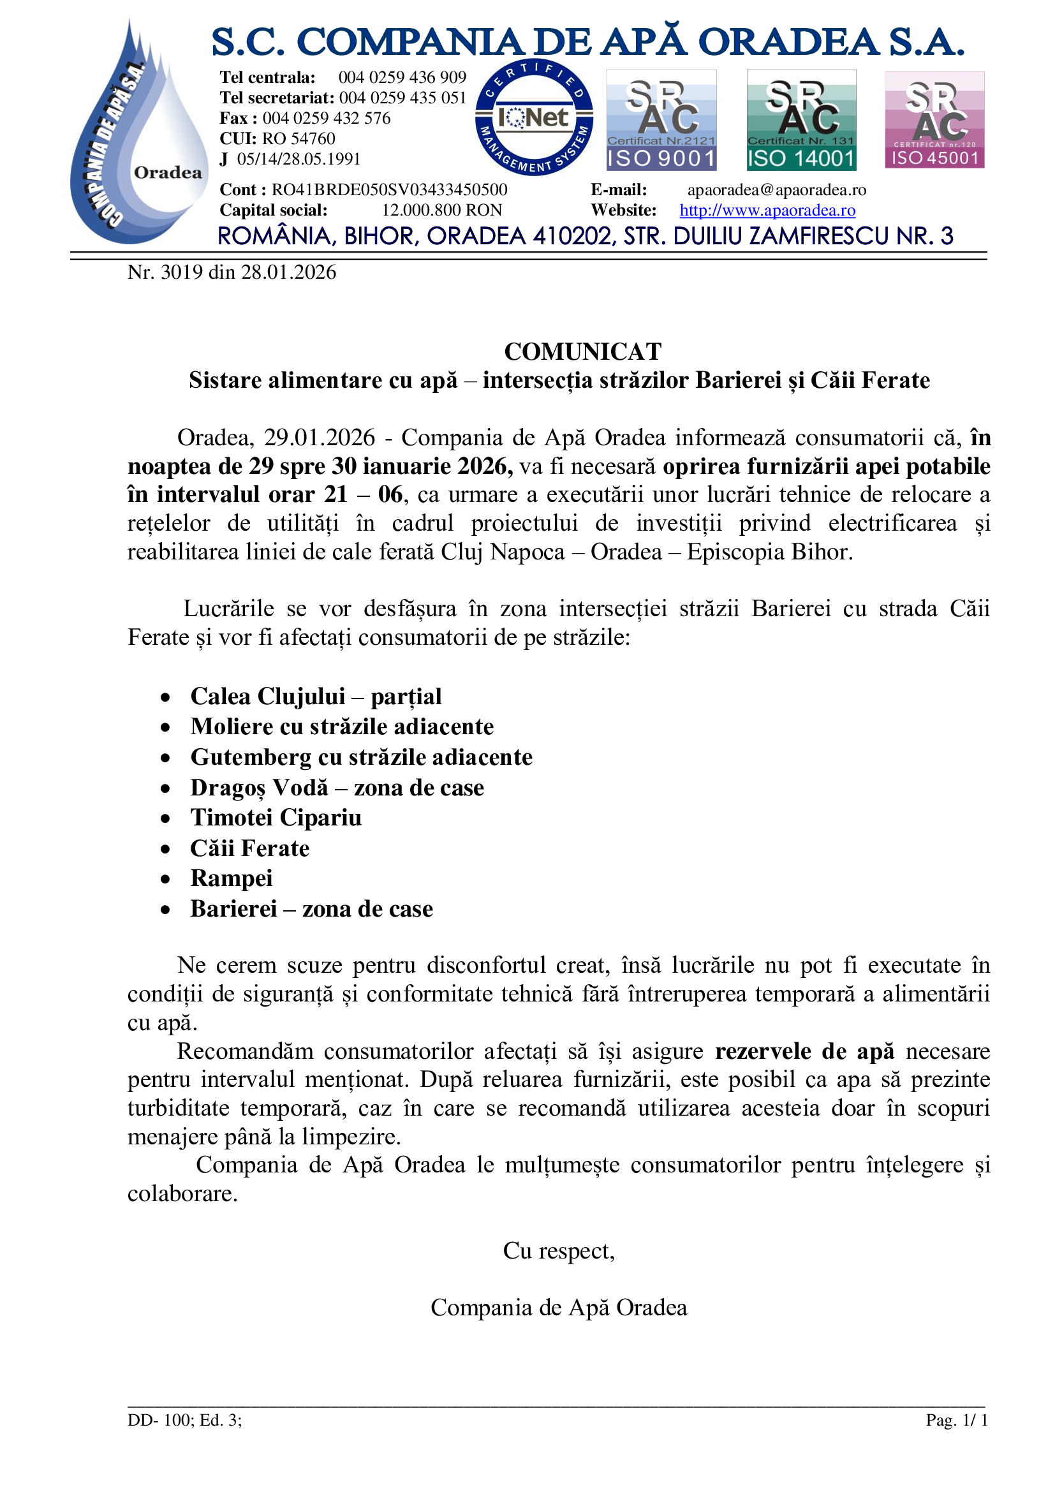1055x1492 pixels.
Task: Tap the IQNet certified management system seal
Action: pos(534,117)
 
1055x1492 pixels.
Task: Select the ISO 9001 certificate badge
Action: pos(661,120)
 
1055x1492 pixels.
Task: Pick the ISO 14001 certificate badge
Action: pos(801,120)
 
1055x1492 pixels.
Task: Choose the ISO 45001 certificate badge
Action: pos(934,120)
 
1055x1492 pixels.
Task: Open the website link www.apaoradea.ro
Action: pos(767,211)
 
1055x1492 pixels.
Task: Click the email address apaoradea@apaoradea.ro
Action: pos(776,189)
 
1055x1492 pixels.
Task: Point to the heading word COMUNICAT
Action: pos(583,351)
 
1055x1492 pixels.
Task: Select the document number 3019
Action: pos(182,272)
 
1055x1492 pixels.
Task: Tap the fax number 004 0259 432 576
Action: pos(326,118)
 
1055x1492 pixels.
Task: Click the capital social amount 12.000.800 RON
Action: pos(442,211)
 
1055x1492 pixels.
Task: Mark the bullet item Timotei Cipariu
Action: pos(276,818)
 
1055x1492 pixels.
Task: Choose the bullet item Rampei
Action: pos(232,878)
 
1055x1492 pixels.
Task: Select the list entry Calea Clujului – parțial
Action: pos(316,696)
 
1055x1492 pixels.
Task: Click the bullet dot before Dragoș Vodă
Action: pos(166,789)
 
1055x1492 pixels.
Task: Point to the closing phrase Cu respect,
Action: pos(559,1250)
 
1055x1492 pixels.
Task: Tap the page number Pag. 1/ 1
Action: pos(956,1420)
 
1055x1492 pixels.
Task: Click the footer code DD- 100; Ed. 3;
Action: pos(184,1420)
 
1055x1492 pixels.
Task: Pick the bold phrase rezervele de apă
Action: pos(804,1051)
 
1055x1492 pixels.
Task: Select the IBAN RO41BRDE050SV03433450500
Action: pos(389,189)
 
